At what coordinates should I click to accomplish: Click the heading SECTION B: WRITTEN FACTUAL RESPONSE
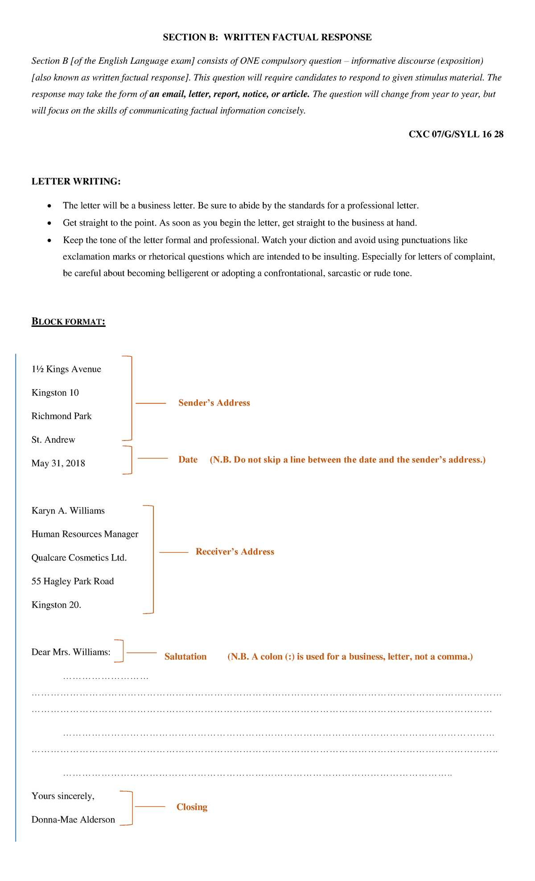pyautogui.click(x=267, y=37)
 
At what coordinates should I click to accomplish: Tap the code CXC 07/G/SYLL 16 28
pyautogui.click(x=456, y=134)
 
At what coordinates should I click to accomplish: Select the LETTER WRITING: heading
pyautogui.click(x=76, y=181)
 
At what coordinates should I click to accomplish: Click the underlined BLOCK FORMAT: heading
pyautogui.click(x=68, y=321)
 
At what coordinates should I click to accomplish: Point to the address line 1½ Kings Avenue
pyautogui.click(x=66, y=369)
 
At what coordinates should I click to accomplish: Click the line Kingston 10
pyautogui.click(x=55, y=393)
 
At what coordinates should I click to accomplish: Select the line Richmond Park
pyautogui.click(x=62, y=416)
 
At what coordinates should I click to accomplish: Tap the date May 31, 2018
pyautogui.click(x=58, y=464)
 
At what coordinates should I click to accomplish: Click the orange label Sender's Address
pyautogui.click(x=214, y=403)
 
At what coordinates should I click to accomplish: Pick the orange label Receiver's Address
pyautogui.click(x=235, y=552)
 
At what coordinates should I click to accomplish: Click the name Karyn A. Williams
pyautogui.click(x=68, y=511)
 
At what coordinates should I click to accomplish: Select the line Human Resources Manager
pyautogui.click(x=85, y=534)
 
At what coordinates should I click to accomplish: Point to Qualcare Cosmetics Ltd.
pyautogui.click(x=79, y=558)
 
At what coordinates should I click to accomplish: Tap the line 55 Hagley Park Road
pyautogui.click(x=73, y=581)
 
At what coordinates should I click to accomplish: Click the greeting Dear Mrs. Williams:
pyautogui.click(x=71, y=652)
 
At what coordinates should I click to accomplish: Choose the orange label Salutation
pyautogui.click(x=185, y=657)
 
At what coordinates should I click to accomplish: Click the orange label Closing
pyautogui.click(x=192, y=807)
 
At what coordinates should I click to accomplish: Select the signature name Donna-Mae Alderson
pyautogui.click(x=73, y=819)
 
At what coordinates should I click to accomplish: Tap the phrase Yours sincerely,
pyautogui.click(x=63, y=796)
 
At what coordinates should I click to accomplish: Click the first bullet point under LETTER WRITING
pyautogui.click(x=241, y=206)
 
